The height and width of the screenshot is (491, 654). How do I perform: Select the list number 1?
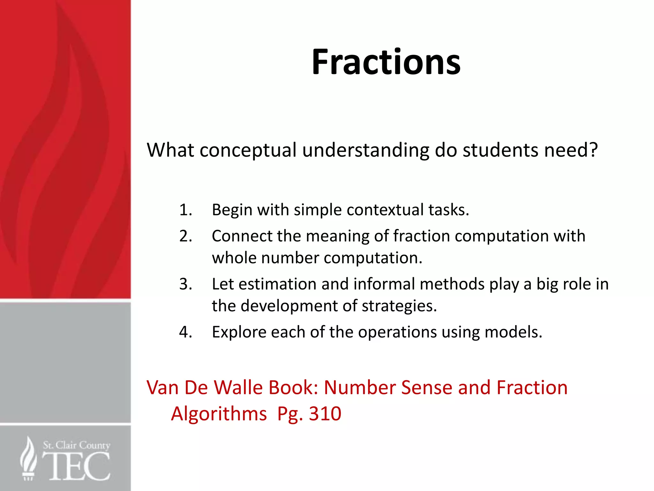(x=186, y=210)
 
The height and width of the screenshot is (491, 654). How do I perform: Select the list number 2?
(x=186, y=236)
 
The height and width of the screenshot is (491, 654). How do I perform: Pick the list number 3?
(x=186, y=284)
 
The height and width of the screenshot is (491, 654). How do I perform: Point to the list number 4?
(x=186, y=332)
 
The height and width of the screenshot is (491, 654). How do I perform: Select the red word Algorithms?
(x=219, y=414)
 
